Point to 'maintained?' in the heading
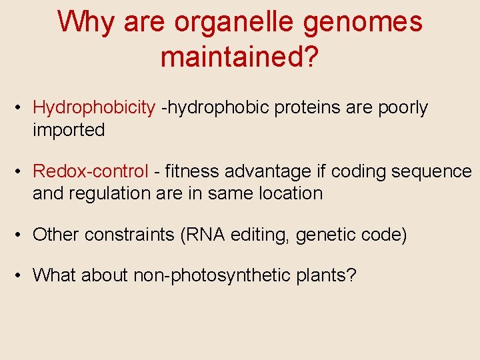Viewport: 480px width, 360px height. [x=240, y=58]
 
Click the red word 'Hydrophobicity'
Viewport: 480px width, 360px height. [x=94, y=108]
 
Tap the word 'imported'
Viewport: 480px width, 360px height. [x=69, y=130]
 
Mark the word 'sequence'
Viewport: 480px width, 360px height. [x=431, y=172]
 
